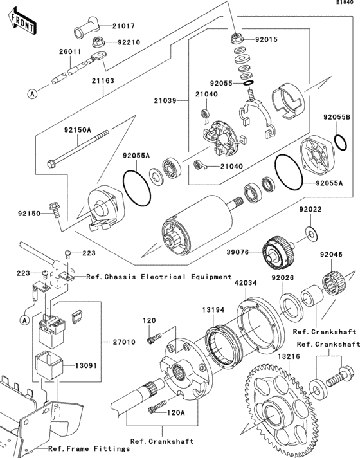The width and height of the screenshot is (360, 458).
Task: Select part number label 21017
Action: point(124,26)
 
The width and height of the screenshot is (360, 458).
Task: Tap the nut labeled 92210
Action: point(99,42)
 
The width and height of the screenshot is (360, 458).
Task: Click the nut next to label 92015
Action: point(238,38)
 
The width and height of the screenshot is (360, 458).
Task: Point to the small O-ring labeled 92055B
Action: point(341,142)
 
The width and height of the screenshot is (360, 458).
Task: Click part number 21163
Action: point(103,80)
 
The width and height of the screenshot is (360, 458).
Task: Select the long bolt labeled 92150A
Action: point(78,149)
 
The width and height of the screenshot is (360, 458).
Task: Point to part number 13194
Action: point(213,310)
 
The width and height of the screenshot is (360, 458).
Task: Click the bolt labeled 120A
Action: point(157,407)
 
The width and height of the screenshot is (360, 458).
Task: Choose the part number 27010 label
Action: point(124,342)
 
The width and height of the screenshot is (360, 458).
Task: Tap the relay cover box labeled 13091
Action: point(49,365)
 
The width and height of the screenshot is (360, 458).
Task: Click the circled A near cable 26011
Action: point(33,94)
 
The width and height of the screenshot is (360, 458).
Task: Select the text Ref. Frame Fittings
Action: point(89,448)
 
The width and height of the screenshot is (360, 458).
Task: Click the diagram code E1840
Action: point(345,3)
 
